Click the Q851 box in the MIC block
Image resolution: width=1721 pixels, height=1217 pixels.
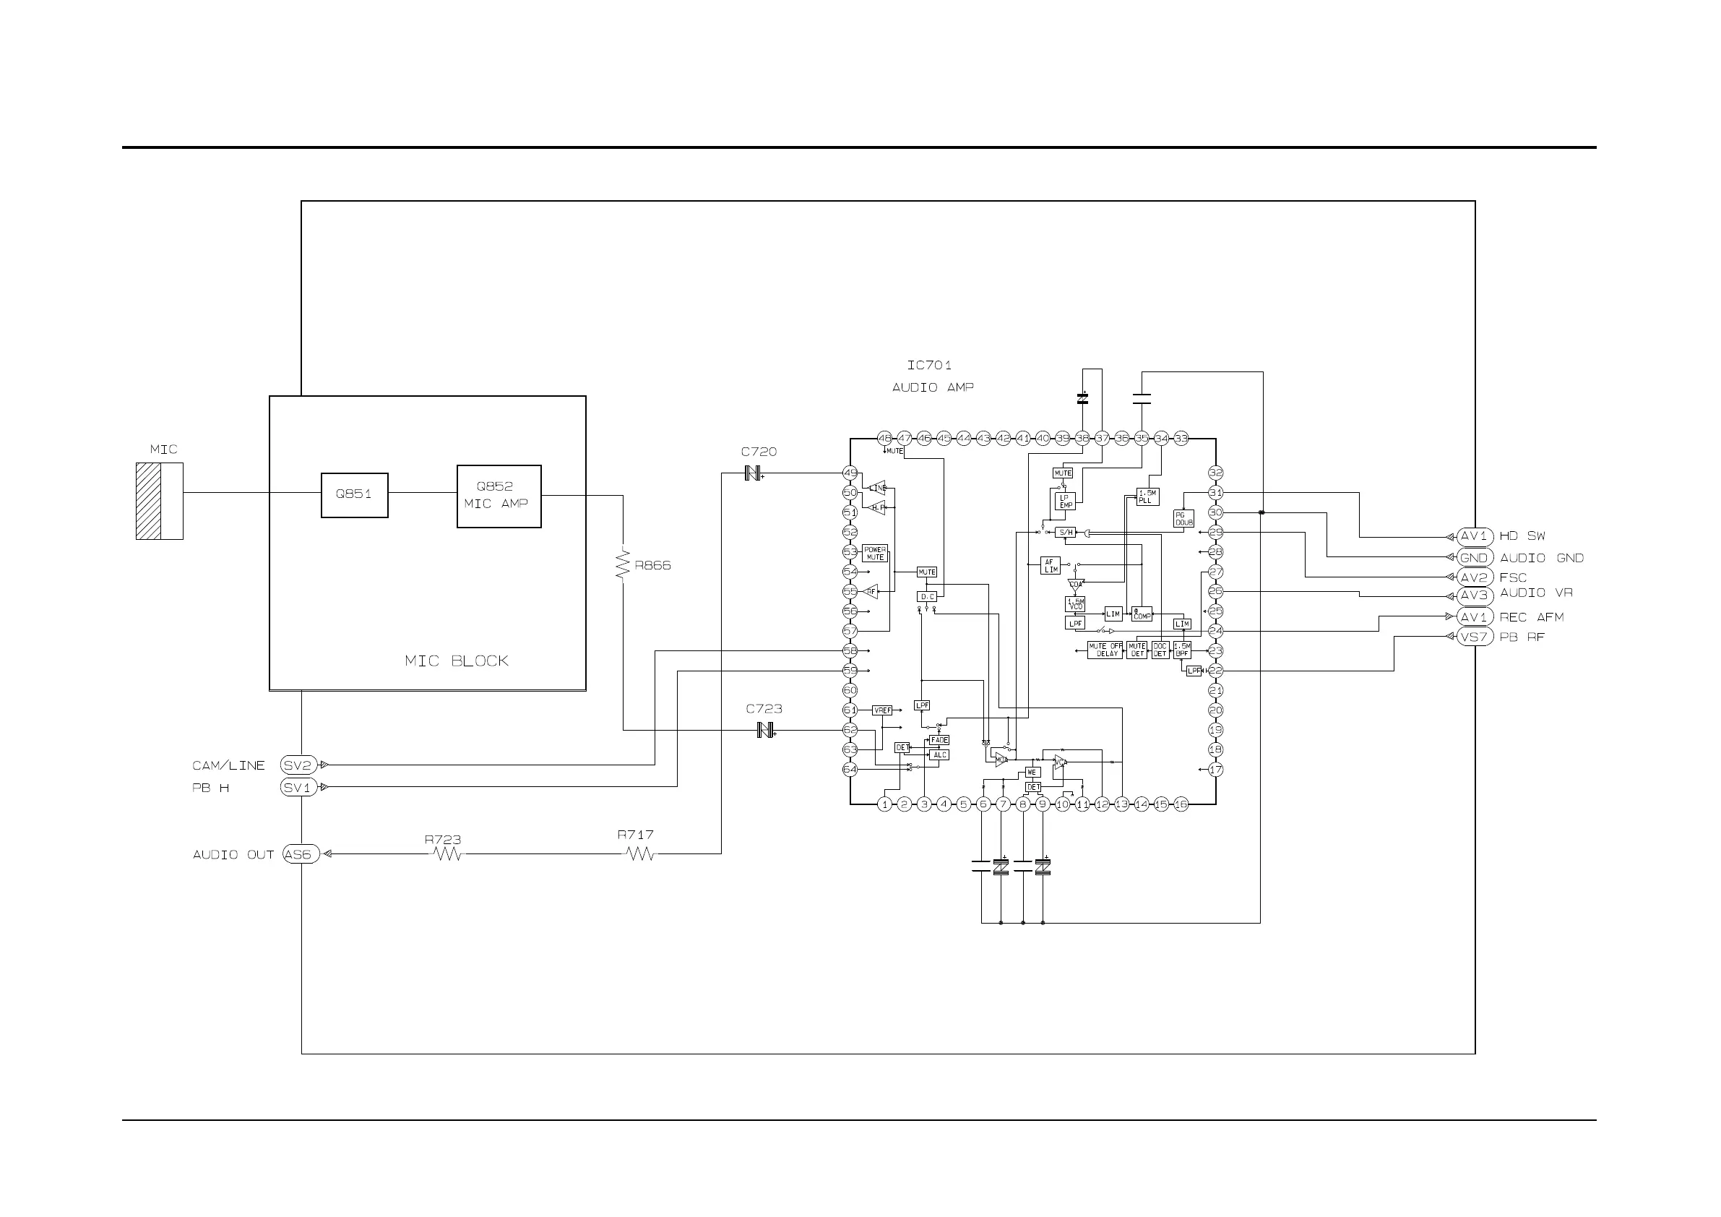[x=354, y=495]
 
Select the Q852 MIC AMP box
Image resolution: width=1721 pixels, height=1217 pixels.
[x=499, y=496]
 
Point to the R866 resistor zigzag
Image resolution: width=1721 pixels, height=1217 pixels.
[x=622, y=565]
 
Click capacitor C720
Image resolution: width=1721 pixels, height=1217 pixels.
[x=754, y=473]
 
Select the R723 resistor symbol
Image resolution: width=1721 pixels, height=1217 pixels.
[x=448, y=853]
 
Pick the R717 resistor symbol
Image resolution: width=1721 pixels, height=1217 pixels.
[x=639, y=853]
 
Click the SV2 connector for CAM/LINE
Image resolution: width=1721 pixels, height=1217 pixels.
[x=298, y=765]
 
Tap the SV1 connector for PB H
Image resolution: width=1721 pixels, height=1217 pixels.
[x=298, y=787]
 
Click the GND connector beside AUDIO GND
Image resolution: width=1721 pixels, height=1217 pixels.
[x=1474, y=557]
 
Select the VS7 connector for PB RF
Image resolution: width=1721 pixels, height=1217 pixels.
[x=1474, y=637]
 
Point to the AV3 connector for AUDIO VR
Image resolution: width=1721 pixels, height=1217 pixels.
[x=1474, y=595]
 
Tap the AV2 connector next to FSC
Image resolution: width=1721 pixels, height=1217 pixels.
[x=1474, y=577]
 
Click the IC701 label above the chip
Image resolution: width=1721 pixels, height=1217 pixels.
[x=928, y=365]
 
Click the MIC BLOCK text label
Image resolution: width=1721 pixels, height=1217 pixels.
[x=456, y=661]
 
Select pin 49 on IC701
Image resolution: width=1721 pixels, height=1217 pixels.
[x=850, y=473]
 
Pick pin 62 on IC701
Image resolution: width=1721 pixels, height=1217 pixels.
[x=850, y=730]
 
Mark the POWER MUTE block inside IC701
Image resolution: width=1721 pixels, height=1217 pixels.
[x=875, y=554]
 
